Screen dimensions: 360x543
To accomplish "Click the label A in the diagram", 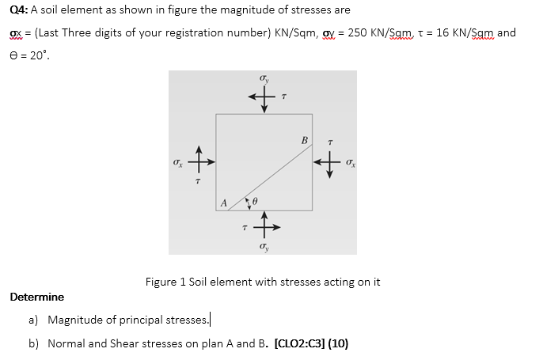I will pos(224,203).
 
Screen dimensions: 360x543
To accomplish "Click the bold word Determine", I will pos(37,297).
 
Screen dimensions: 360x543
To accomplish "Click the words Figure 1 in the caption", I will pos(165,281).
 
